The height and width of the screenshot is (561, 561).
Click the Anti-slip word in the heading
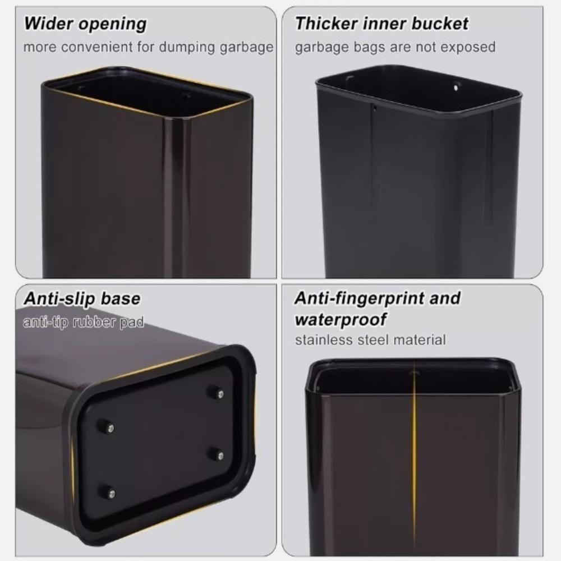[x=58, y=298]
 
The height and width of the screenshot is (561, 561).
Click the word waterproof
[x=341, y=319]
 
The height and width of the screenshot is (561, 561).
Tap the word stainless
[x=321, y=339]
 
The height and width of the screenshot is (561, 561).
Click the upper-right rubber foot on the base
[x=217, y=392]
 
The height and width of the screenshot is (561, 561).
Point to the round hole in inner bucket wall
[x=457, y=87]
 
